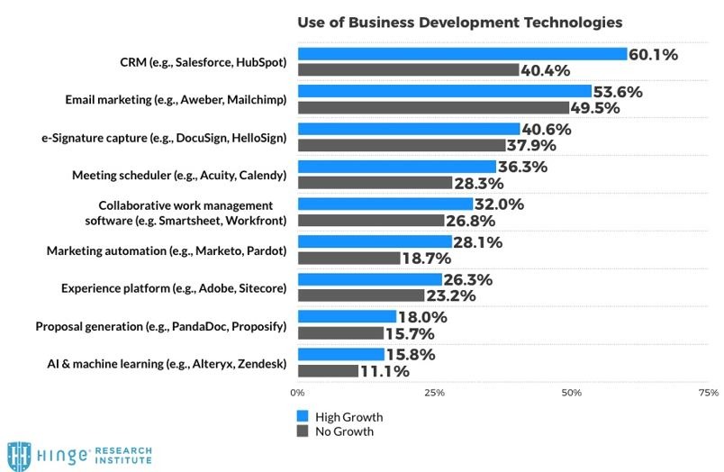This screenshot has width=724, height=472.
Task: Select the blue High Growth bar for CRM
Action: [462, 54]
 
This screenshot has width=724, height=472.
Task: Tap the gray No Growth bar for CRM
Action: [408, 69]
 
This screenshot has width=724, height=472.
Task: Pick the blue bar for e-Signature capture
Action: [408, 129]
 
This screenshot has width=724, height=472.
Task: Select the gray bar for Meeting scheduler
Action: [375, 183]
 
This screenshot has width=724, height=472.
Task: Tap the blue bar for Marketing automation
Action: [375, 241]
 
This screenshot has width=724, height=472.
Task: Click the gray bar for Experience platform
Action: [360, 295]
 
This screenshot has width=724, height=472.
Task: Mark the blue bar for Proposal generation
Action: [347, 316]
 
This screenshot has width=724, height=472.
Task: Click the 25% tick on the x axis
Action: [434, 393]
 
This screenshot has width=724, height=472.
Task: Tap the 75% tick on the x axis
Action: [708, 393]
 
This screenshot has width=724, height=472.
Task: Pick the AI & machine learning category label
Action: [167, 363]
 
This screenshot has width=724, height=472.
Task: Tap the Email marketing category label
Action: [176, 100]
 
